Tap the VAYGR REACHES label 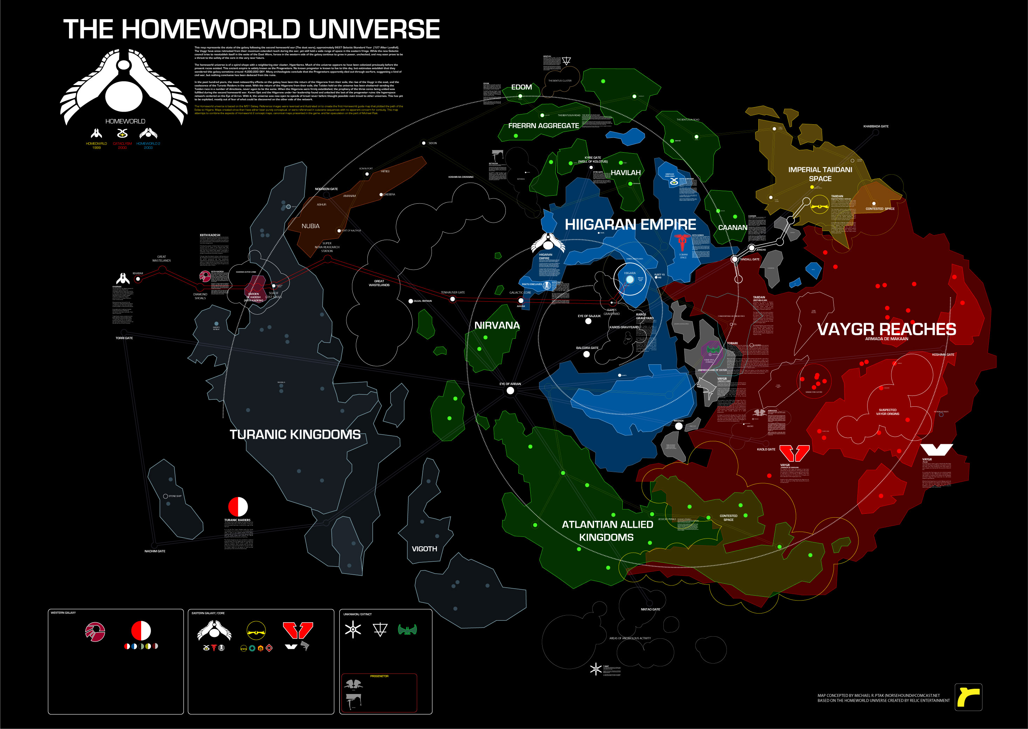pyautogui.click(x=886, y=329)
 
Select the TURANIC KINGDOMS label pyautogui.click(x=295, y=435)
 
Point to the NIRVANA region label pyautogui.click(x=497, y=325)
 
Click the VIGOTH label pyautogui.click(x=424, y=548)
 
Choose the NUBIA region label pyautogui.click(x=310, y=226)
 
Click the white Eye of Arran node pyautogui.click(x=510, y=391)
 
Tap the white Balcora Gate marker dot pyautogui.click(x=586, y=354)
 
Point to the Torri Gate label pyautogui.click(x=124, y=338)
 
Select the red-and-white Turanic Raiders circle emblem pyautogui.click(x=238, y=507)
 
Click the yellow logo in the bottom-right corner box pyautogui.click(x=968, y=697)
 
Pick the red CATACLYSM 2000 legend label pyautogui.click(x=122, y=146)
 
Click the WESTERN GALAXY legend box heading pyautogui.click(x=63, y=613)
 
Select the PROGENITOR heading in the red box pyautogui.click(x=379, y=676)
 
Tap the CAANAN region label pyautogui.click(x=732, y=227)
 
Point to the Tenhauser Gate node pyautogui.click(x=453, y=299)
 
